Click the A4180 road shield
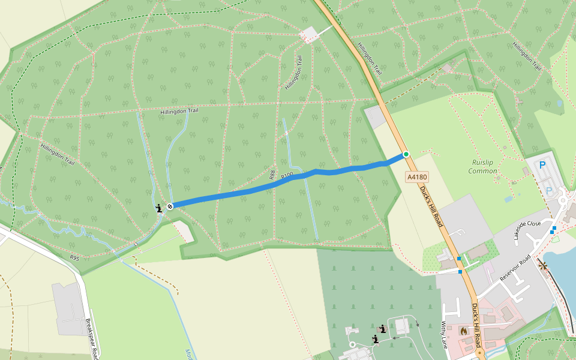417,177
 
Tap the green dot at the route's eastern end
406,155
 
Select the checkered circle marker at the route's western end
170,206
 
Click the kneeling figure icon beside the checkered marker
159,208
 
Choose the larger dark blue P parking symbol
543,165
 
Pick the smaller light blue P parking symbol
549,190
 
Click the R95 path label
74,257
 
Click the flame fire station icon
463,330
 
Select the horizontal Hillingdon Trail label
179,111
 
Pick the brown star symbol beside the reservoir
544,265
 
